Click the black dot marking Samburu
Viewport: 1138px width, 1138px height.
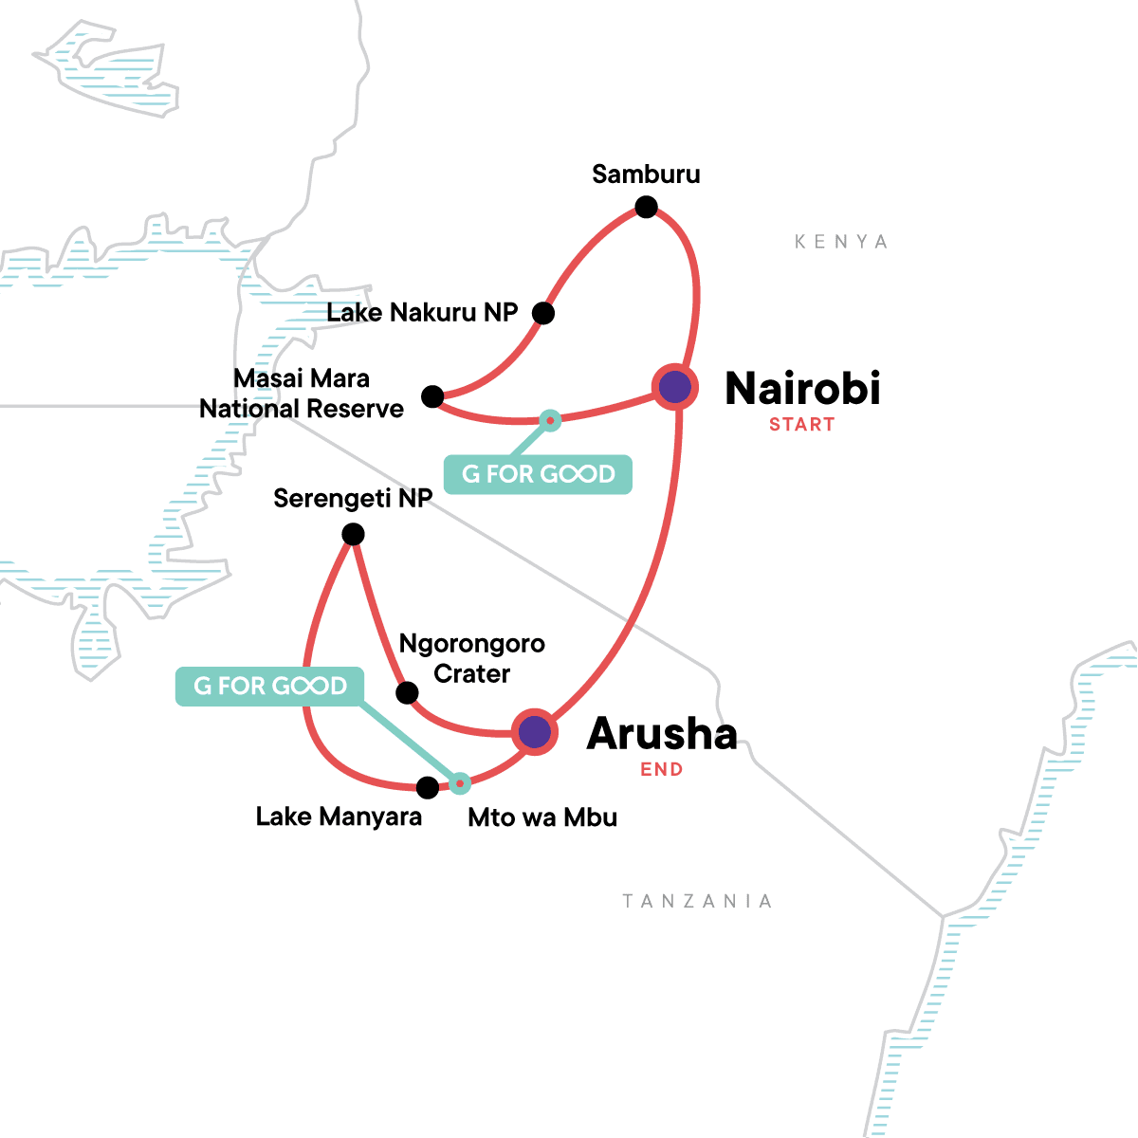pyautogui.click(x=646, y=207)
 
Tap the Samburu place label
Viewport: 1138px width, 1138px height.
pyautogui.click(x=646, y=174)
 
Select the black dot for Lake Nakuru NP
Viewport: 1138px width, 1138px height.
pyautogui.click(x=542, y=313)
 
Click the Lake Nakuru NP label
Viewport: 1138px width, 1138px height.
pyautogui.click(x=422, y=313)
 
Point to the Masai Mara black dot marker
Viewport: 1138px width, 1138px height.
pyautogui.click(x=432, y=396)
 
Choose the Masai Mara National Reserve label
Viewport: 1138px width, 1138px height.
pyautogui.click(x=302, y=394)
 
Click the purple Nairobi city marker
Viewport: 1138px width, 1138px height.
pyautogui.click(x=675, y=387)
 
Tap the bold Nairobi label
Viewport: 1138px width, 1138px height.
pyautogui.click(x=802, y=389)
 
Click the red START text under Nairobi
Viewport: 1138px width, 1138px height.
pyautogui.click(x=802, y=425)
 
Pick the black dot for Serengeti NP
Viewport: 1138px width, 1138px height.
pyautogui.click(x=353, y=535)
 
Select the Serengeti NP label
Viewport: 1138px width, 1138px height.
pyautogui.click(x=353, y=499)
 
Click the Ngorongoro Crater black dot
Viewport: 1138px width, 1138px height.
pyautogui.click(x=407, y=692)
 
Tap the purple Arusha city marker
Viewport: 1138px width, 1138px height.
pyautogui.click(x=534, y=732)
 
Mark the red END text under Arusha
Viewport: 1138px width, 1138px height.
pyautogui.click(x=662, y=769)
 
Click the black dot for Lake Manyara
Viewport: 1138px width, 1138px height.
pyautogui.click(x=428, y=787)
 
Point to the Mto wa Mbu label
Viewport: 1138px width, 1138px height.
pyautogui.click(x=542, y=817)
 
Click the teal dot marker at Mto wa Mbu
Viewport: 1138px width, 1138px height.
pyautogui.click(x=460, y=783)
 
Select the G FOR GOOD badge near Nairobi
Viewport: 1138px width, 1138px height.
pyautogui.click(x=538, y=474)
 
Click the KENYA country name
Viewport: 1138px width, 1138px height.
pyautogui.click(x=841, y=242)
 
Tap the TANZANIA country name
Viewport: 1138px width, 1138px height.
pyautogui.click(x=697, y=901)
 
